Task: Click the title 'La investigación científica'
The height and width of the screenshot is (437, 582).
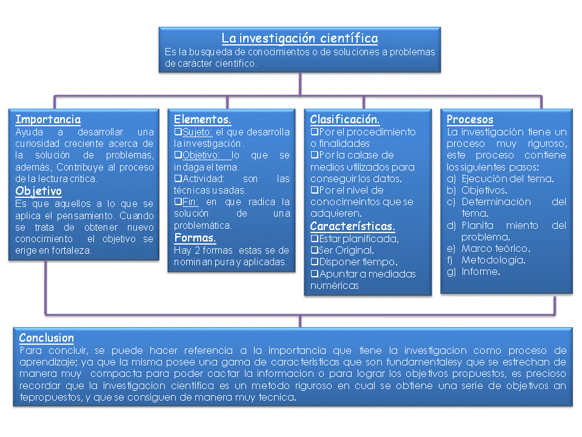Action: coord(299,38)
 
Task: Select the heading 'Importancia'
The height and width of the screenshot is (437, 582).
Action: coord(48,120)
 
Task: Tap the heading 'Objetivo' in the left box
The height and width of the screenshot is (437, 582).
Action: coord(39,191)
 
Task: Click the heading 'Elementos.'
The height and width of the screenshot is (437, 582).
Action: coord(202,120)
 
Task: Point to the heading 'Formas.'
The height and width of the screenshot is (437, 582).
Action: coord(195,237)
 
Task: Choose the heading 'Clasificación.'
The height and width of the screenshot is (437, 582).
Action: coord(345,120)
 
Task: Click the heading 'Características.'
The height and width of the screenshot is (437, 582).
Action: coord(352,226)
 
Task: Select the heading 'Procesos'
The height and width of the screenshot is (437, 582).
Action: coord(470,120)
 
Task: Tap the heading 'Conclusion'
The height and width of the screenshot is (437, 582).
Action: coord(47,338)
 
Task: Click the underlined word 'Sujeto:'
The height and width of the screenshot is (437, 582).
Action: coord(198,132)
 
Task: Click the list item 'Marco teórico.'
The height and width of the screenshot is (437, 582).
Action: coord(495,248)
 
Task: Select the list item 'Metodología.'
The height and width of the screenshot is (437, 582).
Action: coord(493,260)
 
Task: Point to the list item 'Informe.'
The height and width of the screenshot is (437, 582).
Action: coord(480,271)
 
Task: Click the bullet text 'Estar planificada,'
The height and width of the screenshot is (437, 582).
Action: coord(358,239)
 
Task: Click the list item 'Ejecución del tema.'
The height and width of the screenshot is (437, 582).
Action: coord(507,178)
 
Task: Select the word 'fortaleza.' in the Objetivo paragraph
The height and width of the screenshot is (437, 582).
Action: coord(72,250)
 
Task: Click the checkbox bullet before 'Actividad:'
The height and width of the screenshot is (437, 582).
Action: coord(178,178)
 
